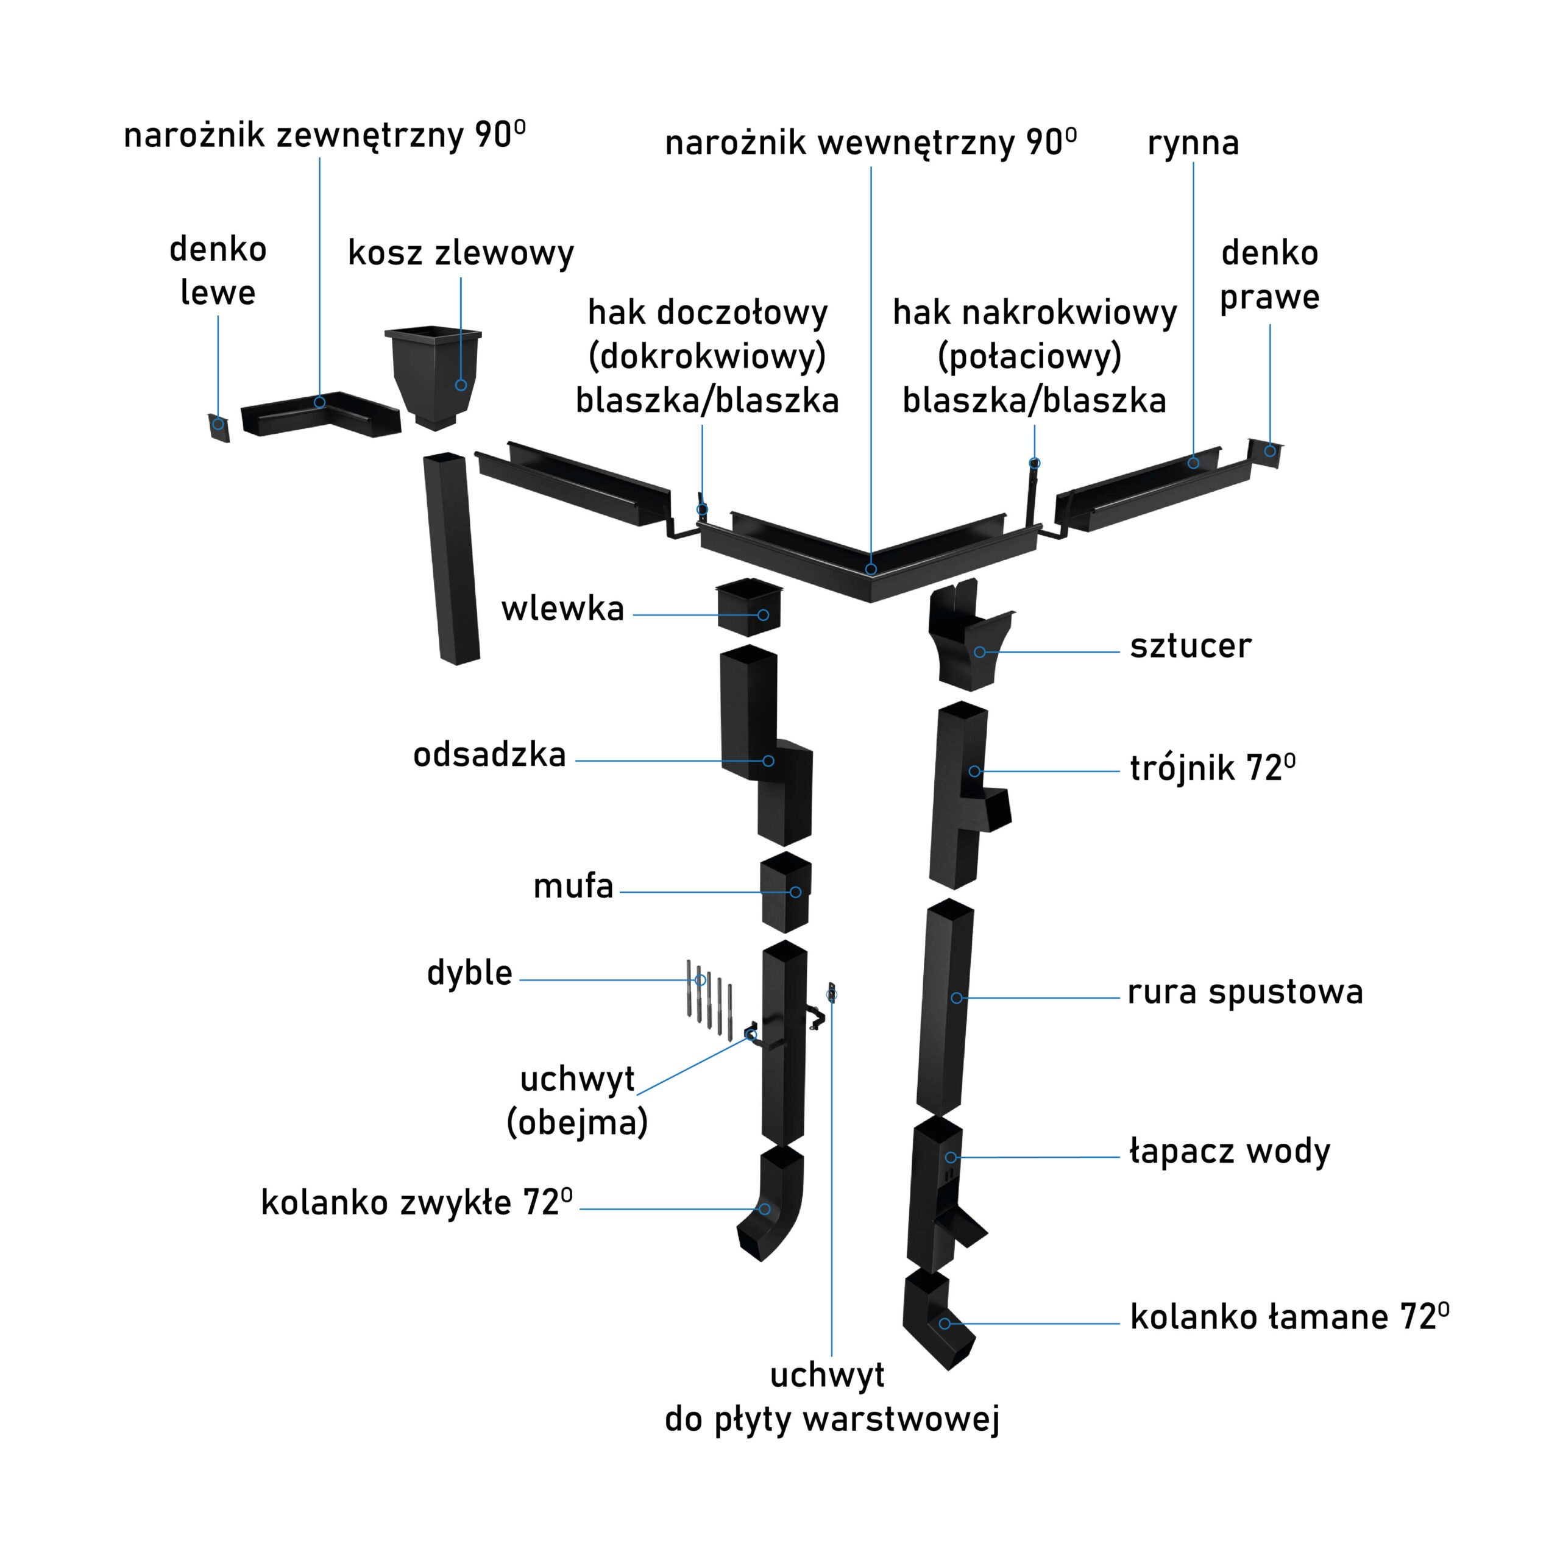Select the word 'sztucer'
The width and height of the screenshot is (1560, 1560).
tap(1190, 646)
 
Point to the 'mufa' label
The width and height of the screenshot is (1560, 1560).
tap(573, 886)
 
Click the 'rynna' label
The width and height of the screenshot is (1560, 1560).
tap(1193, 143)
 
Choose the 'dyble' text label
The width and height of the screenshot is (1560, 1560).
tap(469, 973)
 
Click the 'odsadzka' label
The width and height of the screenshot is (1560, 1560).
tap(489, 755)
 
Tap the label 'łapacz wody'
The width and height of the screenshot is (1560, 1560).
tap(1229, 1152)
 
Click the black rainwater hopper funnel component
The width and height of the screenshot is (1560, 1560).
tap(434, 375)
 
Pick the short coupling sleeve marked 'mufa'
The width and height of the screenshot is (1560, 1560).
tap(785, 892)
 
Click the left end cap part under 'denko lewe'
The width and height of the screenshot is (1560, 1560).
tap(219, 427)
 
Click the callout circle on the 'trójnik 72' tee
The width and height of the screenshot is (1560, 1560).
tap(974, 771)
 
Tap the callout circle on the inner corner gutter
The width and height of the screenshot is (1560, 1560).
tap(871, 569)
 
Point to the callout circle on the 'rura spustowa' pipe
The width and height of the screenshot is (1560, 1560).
tap(956, 998)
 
